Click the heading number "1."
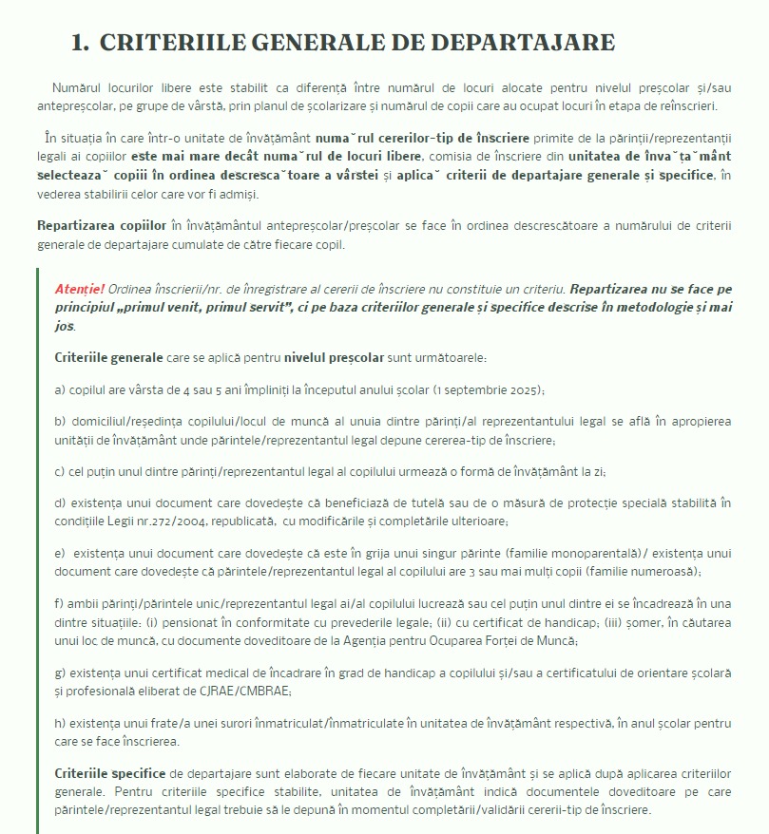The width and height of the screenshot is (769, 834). (81, 43)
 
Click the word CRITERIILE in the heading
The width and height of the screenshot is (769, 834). (163, 43)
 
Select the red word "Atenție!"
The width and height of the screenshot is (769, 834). (80, 288)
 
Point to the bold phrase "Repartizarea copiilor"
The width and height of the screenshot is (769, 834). (102, 225)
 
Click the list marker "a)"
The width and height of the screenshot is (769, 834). (60, 389)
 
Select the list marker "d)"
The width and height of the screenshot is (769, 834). (61, 502)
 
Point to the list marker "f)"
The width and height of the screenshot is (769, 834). (59, 604)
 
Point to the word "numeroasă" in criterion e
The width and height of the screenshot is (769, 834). (665, 571)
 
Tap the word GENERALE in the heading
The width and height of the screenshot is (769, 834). (317, 43)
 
